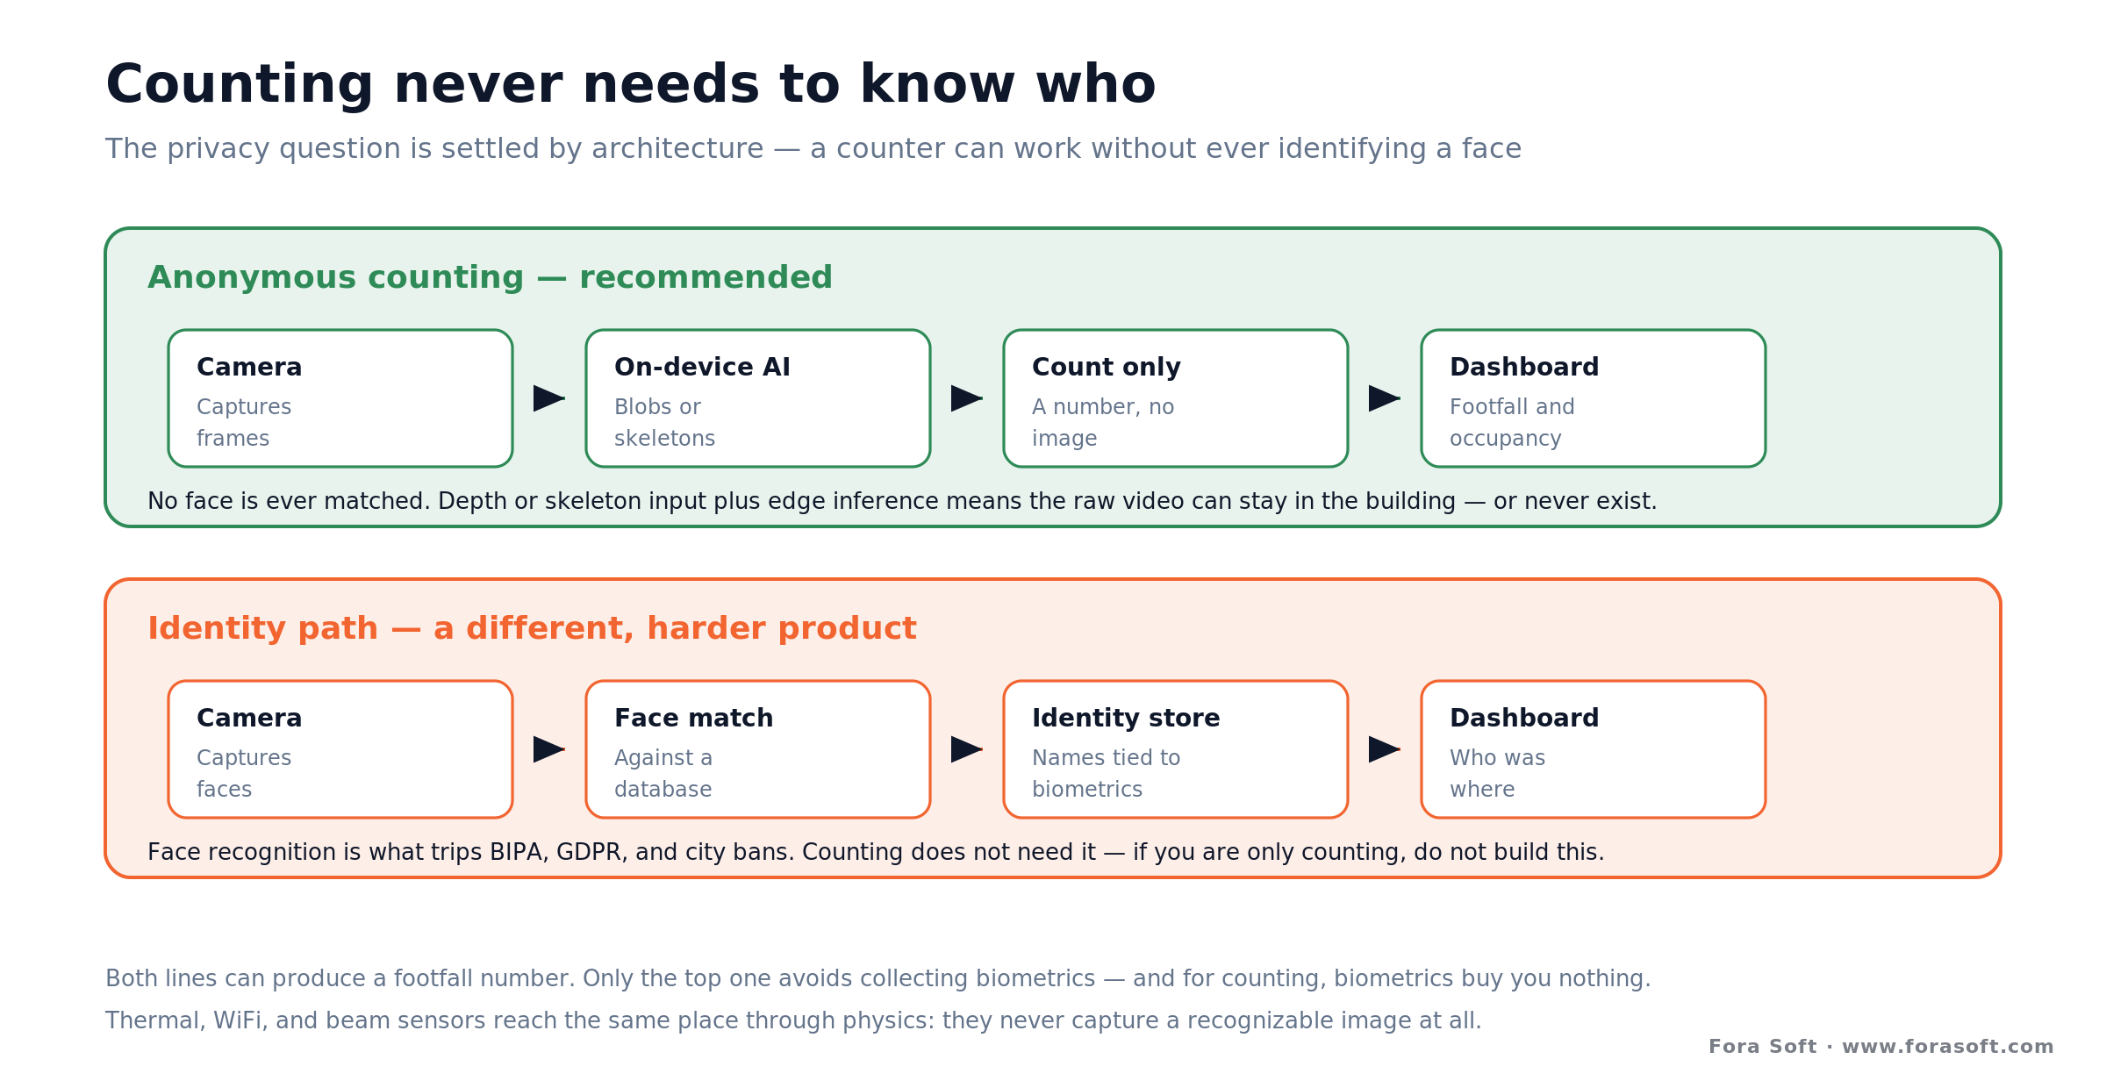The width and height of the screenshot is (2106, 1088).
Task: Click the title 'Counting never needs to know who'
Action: [630, 85]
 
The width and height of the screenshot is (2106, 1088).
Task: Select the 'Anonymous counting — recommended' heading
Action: [490, 277]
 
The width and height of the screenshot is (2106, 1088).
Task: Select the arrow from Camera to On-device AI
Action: [549, 398]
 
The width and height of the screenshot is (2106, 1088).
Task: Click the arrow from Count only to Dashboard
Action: [1385, 398]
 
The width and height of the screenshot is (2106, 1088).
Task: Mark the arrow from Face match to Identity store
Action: [967, 749]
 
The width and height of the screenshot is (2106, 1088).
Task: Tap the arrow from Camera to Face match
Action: [549, 749]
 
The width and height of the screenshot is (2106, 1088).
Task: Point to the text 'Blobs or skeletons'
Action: [664, 422]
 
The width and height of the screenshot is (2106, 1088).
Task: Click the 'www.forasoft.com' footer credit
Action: [1948, 1046]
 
